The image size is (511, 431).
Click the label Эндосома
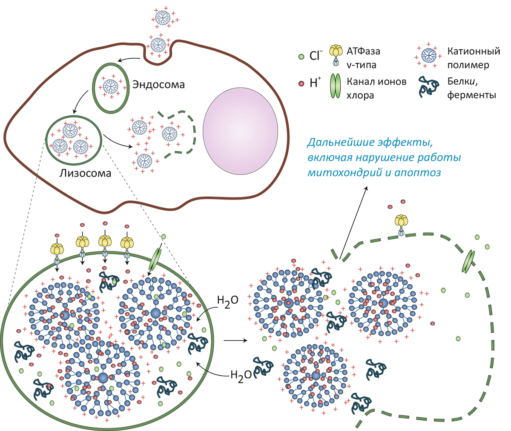click(158, 84)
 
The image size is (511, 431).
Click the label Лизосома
click(85, 173)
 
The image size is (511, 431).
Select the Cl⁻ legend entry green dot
click(301, 56)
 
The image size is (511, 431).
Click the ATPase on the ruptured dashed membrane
click(401, 224)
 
